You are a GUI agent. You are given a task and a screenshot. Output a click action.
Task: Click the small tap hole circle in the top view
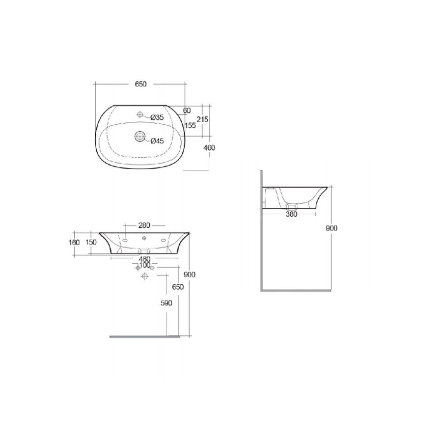tap(140, 115)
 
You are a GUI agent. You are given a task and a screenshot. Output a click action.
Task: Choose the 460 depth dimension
tap(210, 147)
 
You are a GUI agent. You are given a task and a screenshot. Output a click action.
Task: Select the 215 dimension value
tap(203, 119)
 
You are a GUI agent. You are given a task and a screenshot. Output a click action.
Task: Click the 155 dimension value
tap(191, 126)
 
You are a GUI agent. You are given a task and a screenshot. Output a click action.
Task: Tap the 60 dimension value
tap(187, 110)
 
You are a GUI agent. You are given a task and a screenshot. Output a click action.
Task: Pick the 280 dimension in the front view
tap(144, 225)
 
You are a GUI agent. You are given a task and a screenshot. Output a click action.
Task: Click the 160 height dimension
tap(74, 242)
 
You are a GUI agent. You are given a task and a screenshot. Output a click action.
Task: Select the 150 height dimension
tap(91, 242)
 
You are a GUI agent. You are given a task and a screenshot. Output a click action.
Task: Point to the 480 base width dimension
tap(144, 259)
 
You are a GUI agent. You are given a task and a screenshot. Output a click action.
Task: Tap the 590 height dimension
tap(166, 304)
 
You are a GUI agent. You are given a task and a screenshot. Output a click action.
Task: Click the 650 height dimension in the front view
tap(178, 287)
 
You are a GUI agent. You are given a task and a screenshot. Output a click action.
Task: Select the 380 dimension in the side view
tap(292, 214)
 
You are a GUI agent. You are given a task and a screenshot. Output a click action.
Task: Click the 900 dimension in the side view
tap(332, 228)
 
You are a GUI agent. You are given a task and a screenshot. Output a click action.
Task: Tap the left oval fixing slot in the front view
tap(125, 241)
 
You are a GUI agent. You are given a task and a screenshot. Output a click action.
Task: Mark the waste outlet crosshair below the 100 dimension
tap(144, 277)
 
